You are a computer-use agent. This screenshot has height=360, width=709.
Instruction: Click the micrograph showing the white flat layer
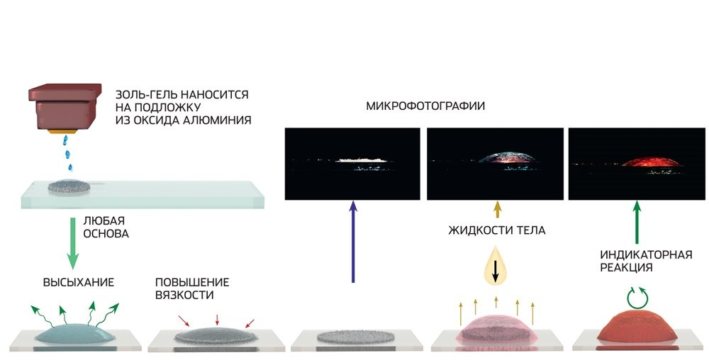click(x=352, y=164)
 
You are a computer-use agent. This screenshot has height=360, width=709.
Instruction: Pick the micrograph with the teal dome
click(x=495, y=164)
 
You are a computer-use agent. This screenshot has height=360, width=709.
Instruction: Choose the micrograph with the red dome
click(x=637, y=164)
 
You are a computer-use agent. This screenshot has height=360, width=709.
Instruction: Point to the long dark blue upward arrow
click(x=352, y=241)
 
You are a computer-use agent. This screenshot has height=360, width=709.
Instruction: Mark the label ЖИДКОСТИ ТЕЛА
click(x=496, y=230)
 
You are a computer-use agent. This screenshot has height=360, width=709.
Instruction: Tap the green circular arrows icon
click(x=637, y=297)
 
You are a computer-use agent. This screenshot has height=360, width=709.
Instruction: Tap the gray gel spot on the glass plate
click(x=69, y=189)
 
